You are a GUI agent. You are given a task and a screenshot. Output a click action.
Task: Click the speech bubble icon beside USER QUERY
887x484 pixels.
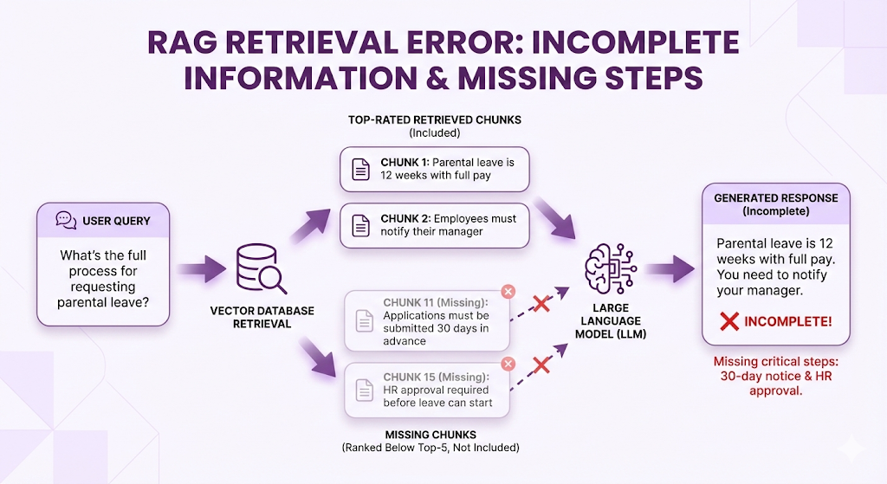click(x=66, y=221)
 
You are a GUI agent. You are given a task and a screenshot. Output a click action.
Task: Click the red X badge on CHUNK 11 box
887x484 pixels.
click(x=508, y=292)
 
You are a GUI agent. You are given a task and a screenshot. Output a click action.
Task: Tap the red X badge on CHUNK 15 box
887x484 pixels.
click(x=508, y=364)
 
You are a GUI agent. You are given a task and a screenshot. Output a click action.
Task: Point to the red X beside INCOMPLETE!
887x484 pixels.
click(x=729, y=321)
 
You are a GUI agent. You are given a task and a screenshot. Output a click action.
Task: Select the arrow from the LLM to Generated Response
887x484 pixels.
click(x=670, y=268)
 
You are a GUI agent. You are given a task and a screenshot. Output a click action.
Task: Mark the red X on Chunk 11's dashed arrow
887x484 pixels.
click(x=541, y=304)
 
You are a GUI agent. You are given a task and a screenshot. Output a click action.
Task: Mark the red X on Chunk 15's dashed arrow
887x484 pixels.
click(x=541, y=365)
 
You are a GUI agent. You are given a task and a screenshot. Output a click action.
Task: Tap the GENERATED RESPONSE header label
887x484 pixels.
click(x=775, y=198)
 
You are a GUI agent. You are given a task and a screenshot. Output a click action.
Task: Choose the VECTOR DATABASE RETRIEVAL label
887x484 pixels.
click(x=261, y=317)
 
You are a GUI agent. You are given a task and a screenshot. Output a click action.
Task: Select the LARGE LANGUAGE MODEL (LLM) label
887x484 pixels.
click(x=612, y=320)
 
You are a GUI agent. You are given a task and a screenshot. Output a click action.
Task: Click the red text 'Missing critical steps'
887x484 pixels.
click(x=775, y=362)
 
